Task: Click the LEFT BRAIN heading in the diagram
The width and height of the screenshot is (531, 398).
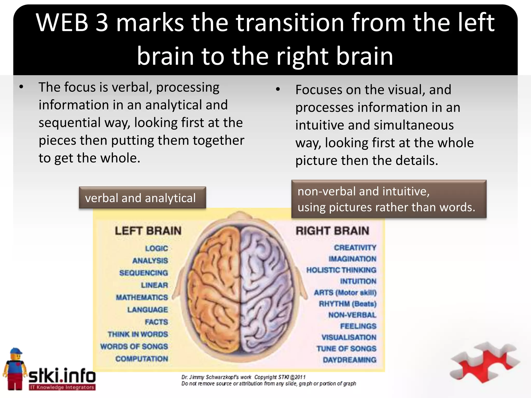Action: [148, 231]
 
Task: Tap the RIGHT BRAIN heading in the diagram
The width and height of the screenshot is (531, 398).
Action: [332, 231]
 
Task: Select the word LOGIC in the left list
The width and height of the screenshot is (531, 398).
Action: [156, 248]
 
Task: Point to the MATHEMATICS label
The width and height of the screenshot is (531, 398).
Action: [142, 297]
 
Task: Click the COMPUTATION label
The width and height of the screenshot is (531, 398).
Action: [142, 359]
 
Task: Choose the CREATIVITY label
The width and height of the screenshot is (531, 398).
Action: [355, 248]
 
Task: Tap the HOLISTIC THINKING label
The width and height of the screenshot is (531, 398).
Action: [341, 270]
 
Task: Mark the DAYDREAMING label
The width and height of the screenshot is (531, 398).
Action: [349, 360]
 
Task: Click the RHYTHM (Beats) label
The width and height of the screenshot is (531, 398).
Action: [347, 304]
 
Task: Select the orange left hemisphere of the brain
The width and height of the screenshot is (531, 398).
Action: [215, 285]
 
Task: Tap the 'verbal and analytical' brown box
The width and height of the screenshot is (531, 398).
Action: [142, 198]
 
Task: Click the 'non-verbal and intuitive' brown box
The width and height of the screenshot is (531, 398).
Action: [389, 199]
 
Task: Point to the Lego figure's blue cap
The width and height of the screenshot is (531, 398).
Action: [16, 352]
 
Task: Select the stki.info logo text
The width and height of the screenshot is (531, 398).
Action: [62, 376]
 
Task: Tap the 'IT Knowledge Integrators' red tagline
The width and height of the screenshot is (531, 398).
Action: [62, 387]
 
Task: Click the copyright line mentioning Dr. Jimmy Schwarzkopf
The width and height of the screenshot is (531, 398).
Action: [243, 377]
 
